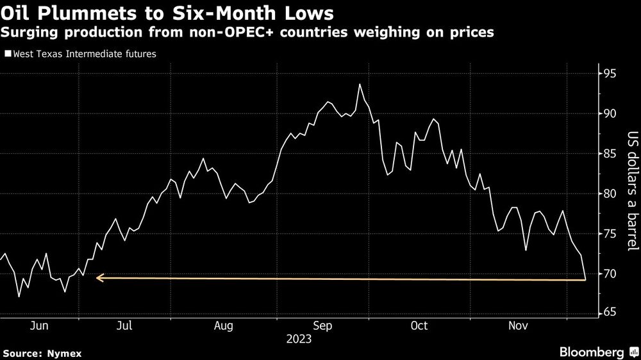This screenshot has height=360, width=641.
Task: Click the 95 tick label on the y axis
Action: [x=608, y=74]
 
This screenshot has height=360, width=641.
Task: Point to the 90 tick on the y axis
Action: [x=608, y=114]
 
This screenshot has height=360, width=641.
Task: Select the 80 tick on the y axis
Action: [x=608, y=194]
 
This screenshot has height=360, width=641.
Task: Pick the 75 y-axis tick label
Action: [x=608, y=234]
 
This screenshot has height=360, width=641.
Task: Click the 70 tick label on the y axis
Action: [x=608, y=274]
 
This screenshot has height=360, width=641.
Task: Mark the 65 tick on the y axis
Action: [x=608, y=313]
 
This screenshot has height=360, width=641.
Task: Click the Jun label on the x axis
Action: [x=40, y=326]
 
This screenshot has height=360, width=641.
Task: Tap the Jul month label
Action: [x=124, y=326]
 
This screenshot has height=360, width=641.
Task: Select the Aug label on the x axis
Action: [x=222, y=326]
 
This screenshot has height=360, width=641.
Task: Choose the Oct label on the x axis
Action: [x=419, y=326]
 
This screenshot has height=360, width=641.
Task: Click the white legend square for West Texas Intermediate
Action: [x=8, y=54]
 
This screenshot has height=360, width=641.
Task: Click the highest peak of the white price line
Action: [x=360, y=85]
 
